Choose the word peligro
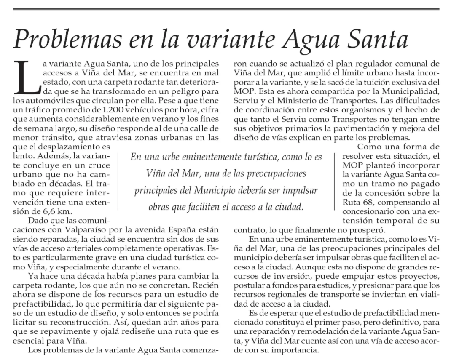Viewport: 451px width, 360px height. click(192, 91)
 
